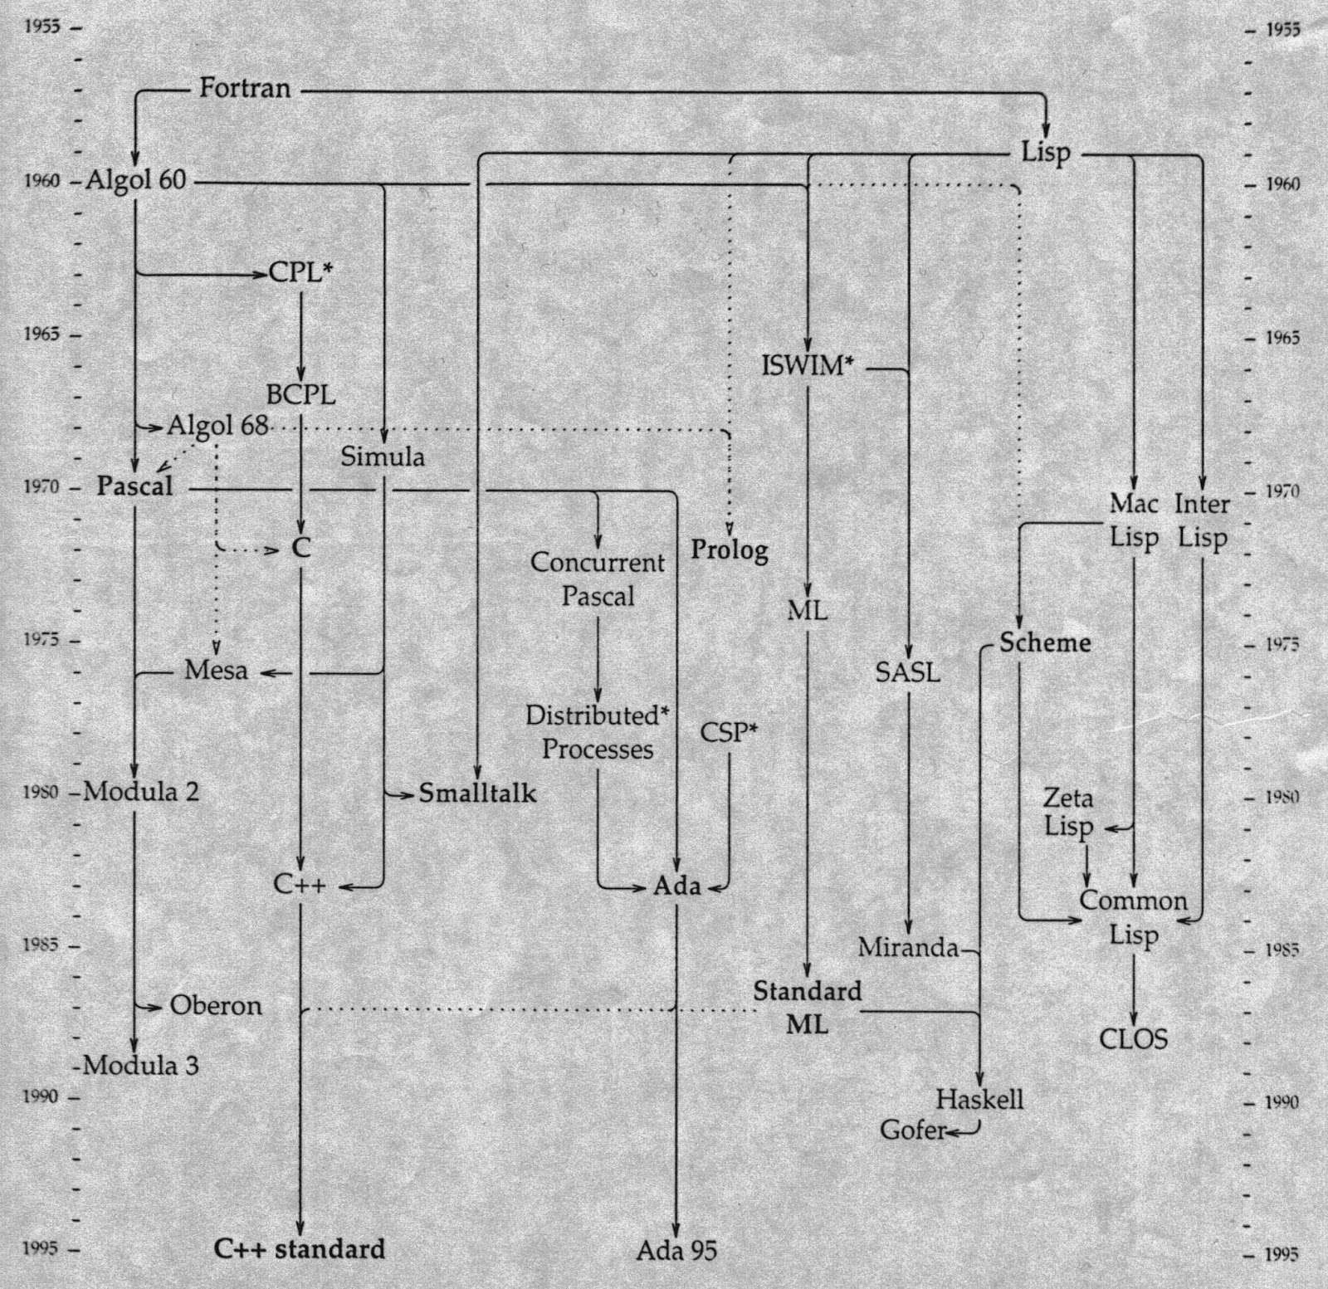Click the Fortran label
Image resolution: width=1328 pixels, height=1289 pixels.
tap(245, 87)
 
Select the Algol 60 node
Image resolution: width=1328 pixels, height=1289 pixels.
tap(136, 180)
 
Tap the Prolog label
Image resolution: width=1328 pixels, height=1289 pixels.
tap(730, 550)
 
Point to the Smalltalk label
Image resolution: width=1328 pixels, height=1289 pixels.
tap(477, 793)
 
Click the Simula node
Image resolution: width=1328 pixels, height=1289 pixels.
tap(383, 457)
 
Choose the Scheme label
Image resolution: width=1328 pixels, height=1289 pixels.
tap(1045, 642)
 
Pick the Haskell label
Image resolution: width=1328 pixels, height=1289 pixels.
tap(980, 1100)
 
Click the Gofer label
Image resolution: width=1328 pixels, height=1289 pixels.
tap(913, 1130)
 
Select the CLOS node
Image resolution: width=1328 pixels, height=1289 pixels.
tap(1134, 1039)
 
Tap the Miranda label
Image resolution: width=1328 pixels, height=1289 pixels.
tap(908, 947)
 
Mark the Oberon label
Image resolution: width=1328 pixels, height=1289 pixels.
tap(216, 1006)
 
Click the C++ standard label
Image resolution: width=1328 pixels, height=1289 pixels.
tap(300, 1248)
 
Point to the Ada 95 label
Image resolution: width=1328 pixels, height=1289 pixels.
tap(676, 1250)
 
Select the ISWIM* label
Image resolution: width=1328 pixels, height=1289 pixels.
tap(808, 365)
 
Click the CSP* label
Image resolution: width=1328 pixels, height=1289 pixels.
tap(730, 732)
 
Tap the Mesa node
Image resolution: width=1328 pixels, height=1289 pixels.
tap(216, 669)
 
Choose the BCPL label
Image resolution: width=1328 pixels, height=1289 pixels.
tap(301, 394)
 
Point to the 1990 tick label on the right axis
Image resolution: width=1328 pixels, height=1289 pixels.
tap(1282, 1102)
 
